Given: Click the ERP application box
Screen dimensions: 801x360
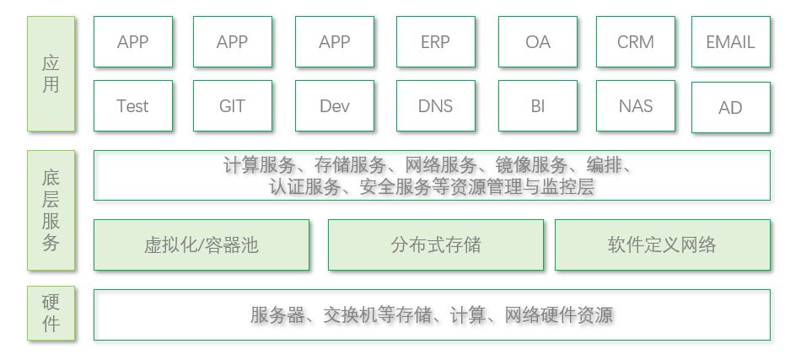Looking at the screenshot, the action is (435, 42).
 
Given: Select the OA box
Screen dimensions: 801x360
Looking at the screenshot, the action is (537, 42).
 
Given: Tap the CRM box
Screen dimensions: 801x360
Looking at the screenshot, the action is (635, 42).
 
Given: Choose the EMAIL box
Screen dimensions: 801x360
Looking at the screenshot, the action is (730, 42).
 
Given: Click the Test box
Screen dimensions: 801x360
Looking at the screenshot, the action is (132, 106).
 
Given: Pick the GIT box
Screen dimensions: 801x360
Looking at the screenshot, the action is (232, 106).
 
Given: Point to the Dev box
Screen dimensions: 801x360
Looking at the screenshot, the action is (334, 106).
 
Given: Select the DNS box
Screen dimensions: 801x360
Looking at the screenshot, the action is (435, 106).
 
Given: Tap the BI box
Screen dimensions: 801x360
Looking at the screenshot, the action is (537, 106).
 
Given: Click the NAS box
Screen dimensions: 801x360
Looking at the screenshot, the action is (635, 106).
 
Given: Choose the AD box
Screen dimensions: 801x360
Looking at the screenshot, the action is (730, 108).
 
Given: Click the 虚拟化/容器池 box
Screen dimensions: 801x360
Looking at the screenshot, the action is (201, 245).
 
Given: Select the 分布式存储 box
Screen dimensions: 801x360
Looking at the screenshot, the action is (435, 245).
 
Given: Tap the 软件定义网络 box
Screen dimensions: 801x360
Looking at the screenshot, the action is (662, 245).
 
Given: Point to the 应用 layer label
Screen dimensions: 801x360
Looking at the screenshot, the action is (51, 74).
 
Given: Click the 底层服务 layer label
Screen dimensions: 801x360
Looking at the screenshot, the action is (51, 211).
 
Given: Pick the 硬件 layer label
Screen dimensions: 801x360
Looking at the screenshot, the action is (51, 314).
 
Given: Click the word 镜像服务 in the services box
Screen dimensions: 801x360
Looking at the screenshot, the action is (532, 165).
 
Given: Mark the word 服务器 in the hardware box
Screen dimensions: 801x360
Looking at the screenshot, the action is (276, 315).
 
